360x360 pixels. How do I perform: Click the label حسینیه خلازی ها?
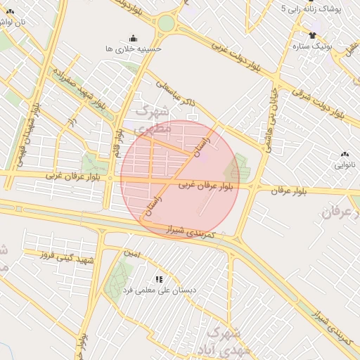(x=133, y=49)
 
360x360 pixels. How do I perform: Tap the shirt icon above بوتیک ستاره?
(x=312, y=35)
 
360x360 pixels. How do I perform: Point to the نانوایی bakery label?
(x=344, y=165)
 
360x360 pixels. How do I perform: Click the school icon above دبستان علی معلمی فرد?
(x=159, y=279)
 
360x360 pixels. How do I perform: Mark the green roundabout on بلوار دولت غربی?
(x=165, y=23)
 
